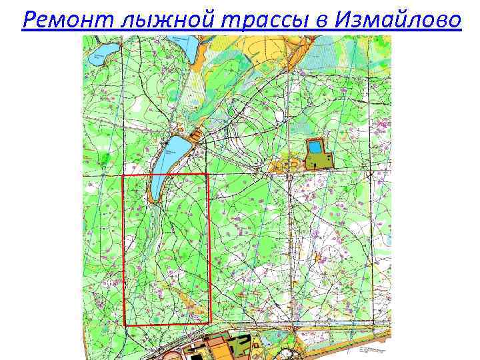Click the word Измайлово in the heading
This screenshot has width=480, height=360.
pyautogui.click(x=397, y=21)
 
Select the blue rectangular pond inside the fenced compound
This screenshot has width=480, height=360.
pyautogui.click(x=313, y=147)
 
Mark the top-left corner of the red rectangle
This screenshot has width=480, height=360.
pyautogui.click(x=124, y=175)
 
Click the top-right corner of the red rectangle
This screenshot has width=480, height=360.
pyautogui.click(x=209, y=175)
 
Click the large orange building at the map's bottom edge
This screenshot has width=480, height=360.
pyautogui.click(x=220, y=346)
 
